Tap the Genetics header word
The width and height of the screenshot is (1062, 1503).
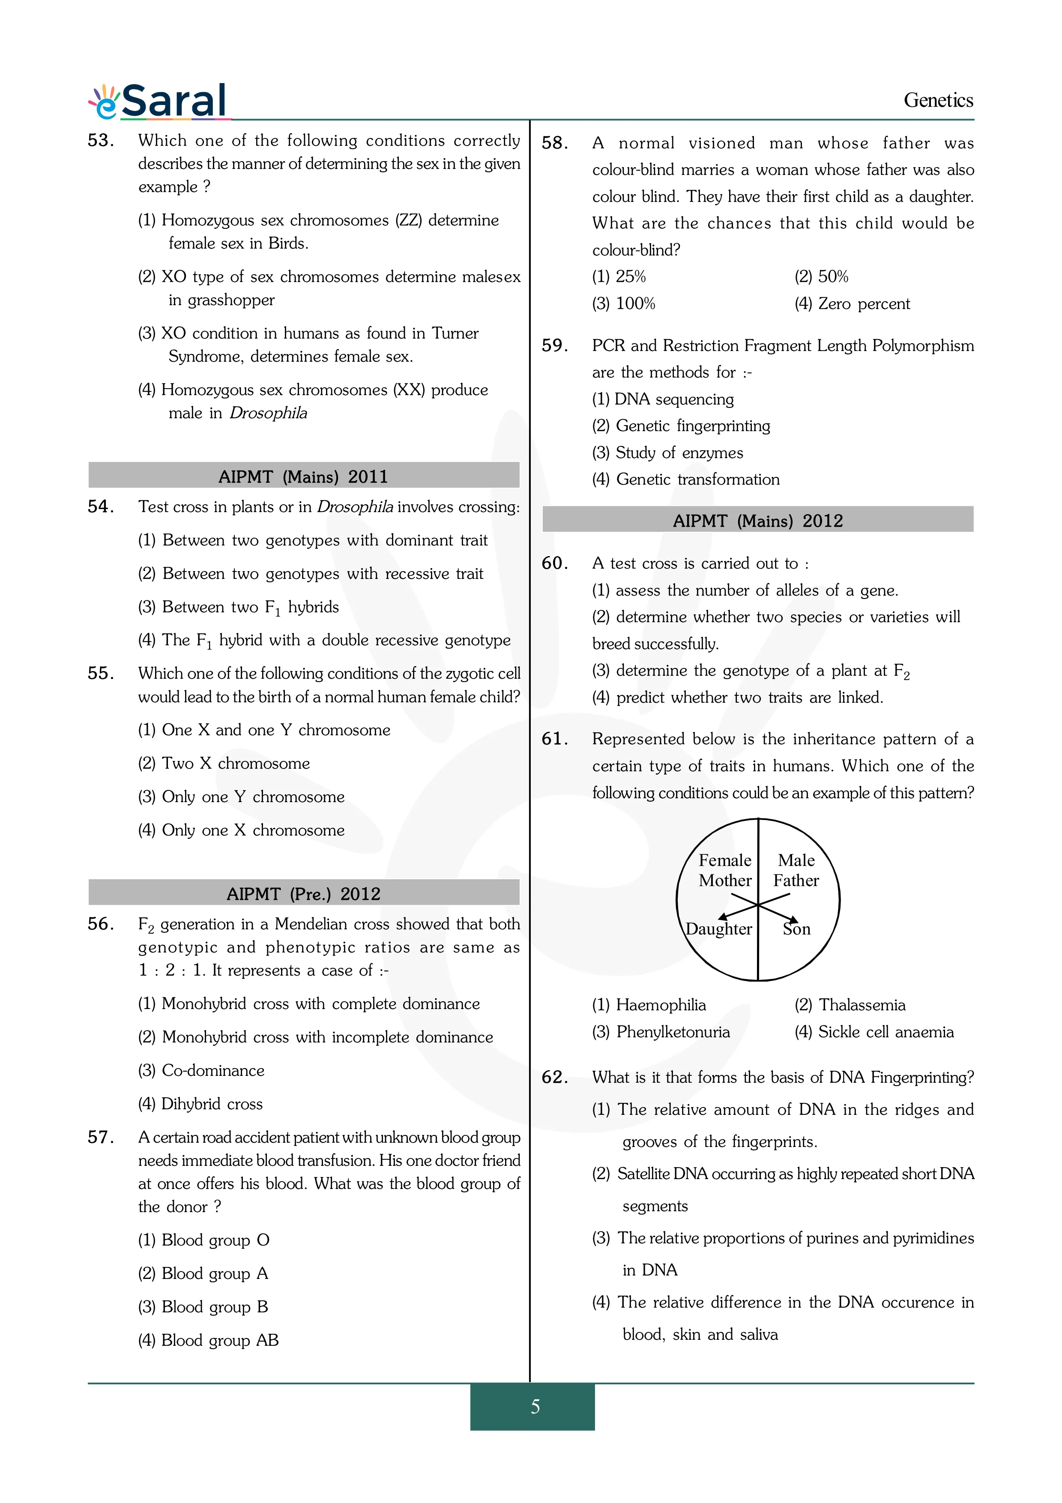click(x=938, y=101)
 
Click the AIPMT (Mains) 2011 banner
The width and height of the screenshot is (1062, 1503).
click(x=304, y=476)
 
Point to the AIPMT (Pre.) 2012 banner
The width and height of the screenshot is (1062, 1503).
click(x=304, y=894)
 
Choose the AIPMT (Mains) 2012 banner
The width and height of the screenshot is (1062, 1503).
click(x=758, y=521)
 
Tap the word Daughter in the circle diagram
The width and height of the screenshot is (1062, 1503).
click(x=718, y=929)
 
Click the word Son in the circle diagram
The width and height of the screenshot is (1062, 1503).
click(x=796, y=929)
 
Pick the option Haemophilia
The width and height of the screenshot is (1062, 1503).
click(x=660, y=1005)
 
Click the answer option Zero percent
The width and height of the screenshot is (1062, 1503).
click(x=863, y=304)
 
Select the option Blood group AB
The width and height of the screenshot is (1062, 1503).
click(x=219, y=1340)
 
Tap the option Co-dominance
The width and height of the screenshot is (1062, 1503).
click(x=212, y=1070)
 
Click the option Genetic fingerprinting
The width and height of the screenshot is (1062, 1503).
click(x=692, y=426)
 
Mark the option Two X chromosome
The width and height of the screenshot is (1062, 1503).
click(x=235, y=763)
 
